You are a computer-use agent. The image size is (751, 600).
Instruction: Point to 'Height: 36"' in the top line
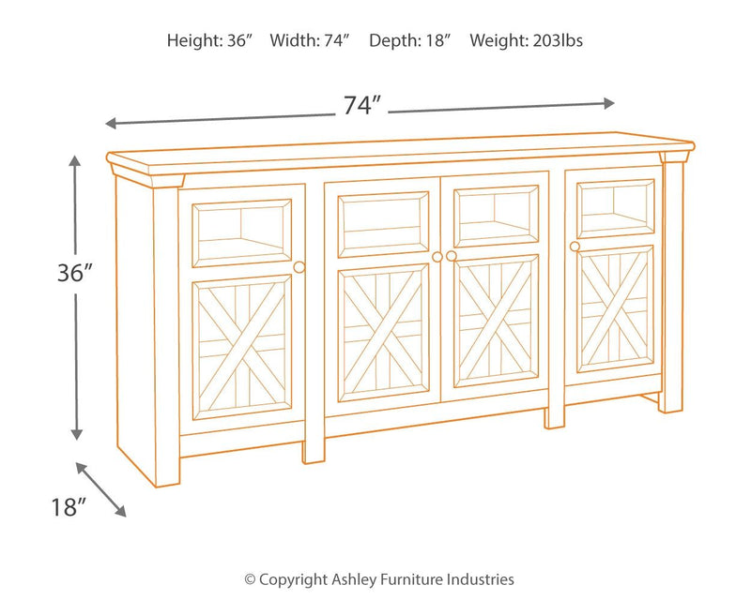click(210, 41)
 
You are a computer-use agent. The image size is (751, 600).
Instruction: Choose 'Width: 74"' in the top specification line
click(311, 41)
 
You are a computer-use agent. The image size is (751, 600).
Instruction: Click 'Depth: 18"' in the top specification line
click(410, 41)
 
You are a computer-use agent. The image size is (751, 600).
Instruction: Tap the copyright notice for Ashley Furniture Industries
click(379, 579)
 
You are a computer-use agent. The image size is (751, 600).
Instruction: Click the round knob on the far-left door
click(299, 267)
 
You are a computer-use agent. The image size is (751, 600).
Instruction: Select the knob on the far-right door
click(574, 246)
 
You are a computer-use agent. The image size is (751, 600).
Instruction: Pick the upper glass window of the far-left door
click(241, 232)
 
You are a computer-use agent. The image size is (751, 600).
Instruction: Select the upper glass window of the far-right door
click(615, 207)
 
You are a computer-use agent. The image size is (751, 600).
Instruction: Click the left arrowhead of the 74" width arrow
click(109, 123)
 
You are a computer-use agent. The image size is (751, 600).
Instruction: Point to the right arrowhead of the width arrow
click(610, 102)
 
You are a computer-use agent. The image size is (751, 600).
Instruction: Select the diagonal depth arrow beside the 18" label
click(100, 488)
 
